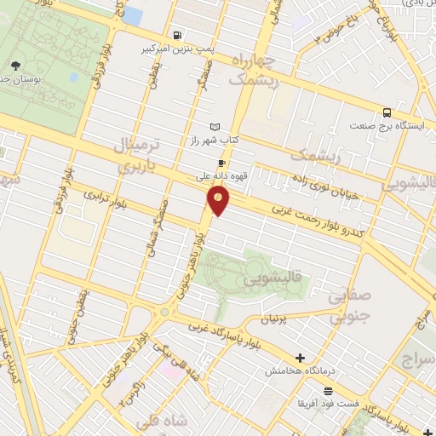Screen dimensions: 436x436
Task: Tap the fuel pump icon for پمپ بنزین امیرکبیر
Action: point(176,36)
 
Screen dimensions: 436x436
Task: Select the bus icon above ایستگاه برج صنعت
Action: point(387,112)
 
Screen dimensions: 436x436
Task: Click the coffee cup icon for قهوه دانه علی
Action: point(221,163)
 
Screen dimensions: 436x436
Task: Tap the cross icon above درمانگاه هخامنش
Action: point(299,359)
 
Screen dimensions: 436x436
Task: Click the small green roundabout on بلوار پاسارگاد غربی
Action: point(163,312)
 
